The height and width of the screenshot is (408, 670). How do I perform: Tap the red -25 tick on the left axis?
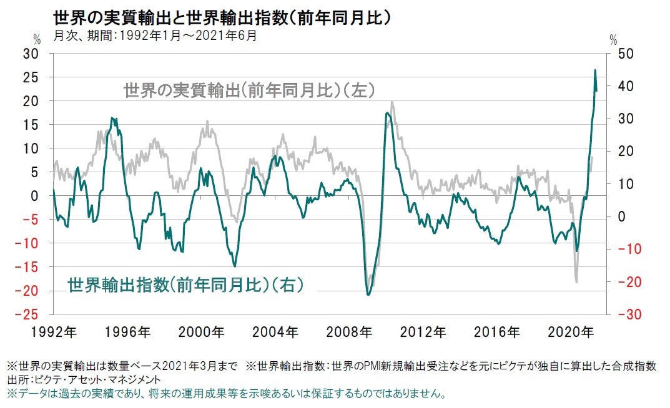coord(29,314)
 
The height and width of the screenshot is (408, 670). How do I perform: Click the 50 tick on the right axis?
coord(624,54)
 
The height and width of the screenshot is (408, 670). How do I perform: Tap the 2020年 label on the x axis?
coord(577,332)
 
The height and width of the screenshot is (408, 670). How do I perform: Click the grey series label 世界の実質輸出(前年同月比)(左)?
coord(249,91)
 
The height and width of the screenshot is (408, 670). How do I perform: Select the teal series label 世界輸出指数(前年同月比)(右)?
coord(185,285)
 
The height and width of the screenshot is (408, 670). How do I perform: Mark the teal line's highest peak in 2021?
coord(594,70)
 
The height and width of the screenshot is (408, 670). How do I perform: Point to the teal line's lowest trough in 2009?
coord(368,294)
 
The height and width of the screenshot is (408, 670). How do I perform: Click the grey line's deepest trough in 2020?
coord(576,282)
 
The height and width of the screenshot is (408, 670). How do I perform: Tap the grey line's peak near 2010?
coord(392,102)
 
